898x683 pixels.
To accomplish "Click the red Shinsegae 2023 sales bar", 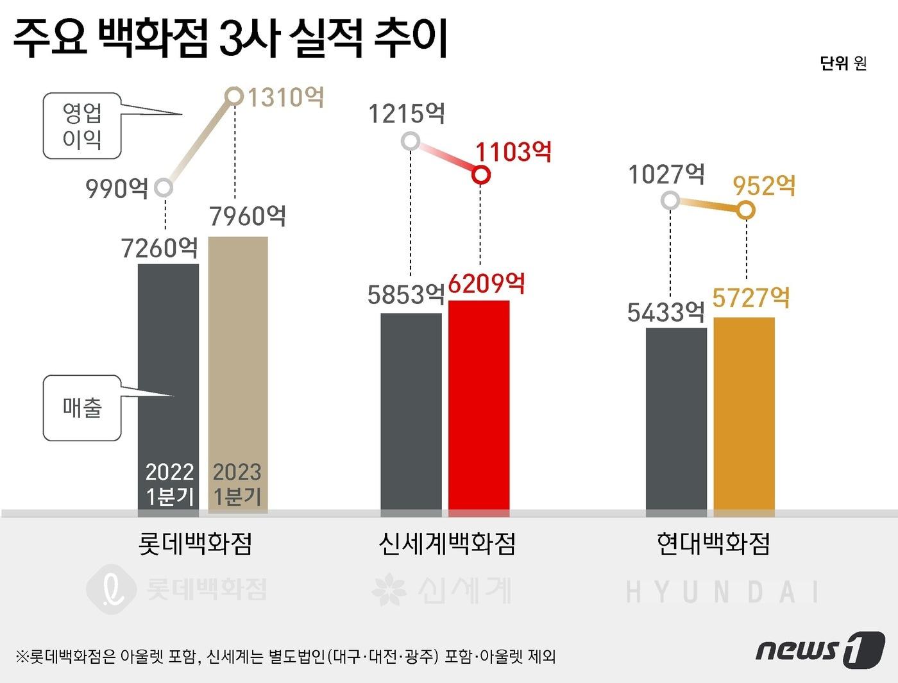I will pos(479,407).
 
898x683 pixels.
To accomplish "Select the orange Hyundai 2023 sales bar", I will pos(744,416).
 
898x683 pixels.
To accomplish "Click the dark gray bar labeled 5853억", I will pos(411,414).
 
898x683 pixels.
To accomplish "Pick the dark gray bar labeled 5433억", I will pos(676,421).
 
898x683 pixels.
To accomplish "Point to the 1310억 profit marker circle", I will pos(235,96).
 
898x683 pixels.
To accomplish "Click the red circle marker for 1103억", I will pos(481,174).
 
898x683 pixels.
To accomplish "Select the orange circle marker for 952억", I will pos(745,210).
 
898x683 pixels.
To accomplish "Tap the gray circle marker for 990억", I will pos(164,188).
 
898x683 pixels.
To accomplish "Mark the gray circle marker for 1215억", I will pos(411,140).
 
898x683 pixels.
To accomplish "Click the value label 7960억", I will pos(248,217).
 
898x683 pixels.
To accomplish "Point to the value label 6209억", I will pos(486,283).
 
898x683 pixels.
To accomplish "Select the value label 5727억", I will pos(750,298).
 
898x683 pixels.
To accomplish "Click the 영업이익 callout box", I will pos(82,126).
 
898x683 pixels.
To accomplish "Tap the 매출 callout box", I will pos(82,408).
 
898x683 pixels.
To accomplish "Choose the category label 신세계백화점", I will pos(447,544).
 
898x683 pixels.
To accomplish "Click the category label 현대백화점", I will pos(713,544).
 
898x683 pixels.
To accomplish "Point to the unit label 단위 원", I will pos(843,63).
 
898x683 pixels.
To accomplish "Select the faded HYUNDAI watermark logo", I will pos(722,592).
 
